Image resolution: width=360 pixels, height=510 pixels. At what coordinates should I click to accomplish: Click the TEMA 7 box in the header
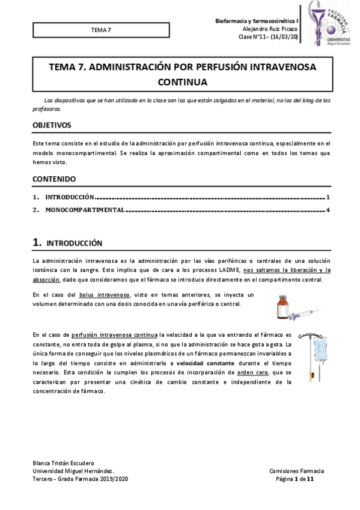pyautogui.click(x=100, y=29)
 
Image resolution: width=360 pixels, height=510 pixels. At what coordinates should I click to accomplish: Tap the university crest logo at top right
pyautogui.click(x=331, y=23)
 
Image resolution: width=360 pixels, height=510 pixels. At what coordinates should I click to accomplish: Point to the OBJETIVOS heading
pyautogui.click(x=52, y=125)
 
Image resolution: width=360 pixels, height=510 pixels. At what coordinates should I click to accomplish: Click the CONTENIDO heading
pyautogui.click(x=54, y=179)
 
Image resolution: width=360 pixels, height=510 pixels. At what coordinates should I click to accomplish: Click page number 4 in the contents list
pyautogui.click(x=328, y=210)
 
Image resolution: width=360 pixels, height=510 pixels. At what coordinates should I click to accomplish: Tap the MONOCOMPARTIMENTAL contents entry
pyautogui.click(x=85, y=210)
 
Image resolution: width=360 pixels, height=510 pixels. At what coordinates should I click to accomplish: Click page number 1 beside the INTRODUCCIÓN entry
pyautogui.click(x=328, y=197)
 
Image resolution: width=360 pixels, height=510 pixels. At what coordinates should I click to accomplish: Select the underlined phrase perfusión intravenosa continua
pyautogui.click(x=114, y=334)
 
